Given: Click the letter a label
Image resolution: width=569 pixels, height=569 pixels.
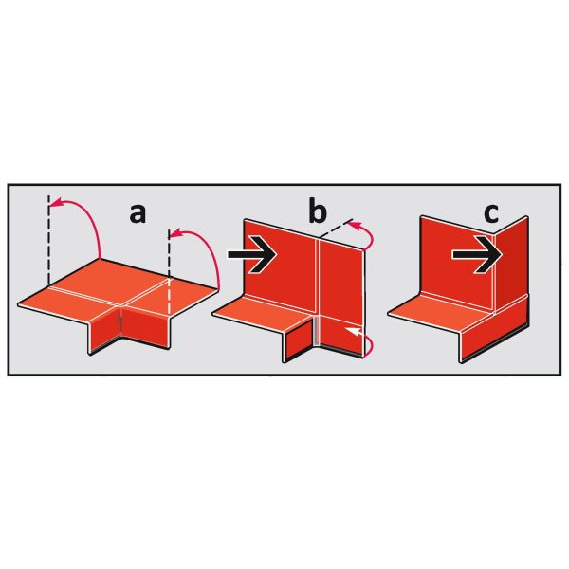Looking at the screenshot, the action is tap(138, 214).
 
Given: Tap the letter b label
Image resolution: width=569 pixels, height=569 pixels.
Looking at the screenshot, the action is tap(318, 210).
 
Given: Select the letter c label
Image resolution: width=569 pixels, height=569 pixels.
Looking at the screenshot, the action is tap(491, 214).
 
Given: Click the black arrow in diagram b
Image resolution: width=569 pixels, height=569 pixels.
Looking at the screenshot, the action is tap(252, 254).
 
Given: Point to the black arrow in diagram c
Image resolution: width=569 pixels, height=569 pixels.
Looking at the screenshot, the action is tap(477, 255).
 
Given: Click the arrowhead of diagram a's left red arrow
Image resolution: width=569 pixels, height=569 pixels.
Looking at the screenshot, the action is tap(55, 203).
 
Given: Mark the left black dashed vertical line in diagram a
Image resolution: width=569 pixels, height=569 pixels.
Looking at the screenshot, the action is tap(48, 239).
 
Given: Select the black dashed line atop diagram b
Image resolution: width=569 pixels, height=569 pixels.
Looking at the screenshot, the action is tap(336, 229).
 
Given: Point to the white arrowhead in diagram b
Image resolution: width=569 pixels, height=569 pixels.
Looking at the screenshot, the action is tap(353, 331).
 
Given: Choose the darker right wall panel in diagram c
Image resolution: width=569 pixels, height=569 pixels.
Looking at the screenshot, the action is tap(511, 265).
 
